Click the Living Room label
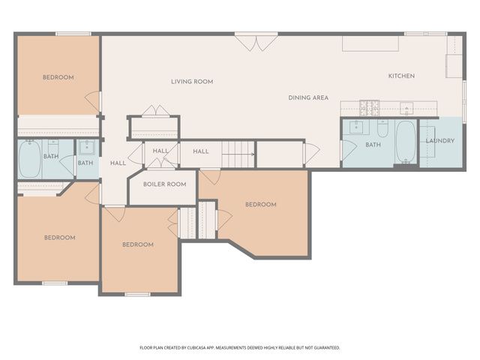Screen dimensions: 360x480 192,82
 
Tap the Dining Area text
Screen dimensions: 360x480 308,98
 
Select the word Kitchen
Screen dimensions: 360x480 401,76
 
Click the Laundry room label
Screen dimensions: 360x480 439,141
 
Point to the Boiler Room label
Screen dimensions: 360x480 164,184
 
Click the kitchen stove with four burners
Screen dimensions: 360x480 369,106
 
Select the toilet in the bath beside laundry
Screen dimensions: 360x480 382,128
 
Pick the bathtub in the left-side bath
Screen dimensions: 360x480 30,159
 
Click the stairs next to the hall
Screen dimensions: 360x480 238,154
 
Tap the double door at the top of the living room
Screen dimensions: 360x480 256,41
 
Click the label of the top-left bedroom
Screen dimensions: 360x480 58,77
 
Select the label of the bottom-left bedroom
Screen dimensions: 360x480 59,238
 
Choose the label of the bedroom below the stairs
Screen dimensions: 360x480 260,205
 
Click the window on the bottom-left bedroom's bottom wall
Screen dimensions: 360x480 55,283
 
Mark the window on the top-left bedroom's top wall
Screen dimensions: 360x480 73,33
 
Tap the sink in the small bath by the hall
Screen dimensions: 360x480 86,146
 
